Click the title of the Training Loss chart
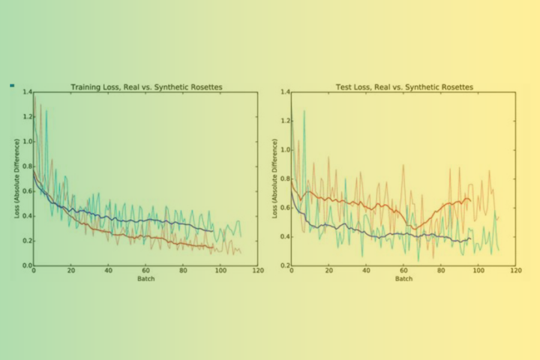pos(146,87)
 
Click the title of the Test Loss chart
pos(404,87)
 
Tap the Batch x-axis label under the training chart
pos(145,279)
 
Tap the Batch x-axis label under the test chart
pos(403,279)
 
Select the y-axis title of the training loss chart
pos(17,178)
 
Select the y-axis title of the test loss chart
pos(275,178)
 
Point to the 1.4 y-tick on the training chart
pos(27,92)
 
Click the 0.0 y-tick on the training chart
pos(27,265)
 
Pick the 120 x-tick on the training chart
pos(257,271)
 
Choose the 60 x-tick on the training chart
pos(145,271)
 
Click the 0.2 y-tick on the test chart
pos(285,265)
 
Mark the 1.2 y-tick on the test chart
pos(285,121)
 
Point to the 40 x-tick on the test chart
pos(366,271)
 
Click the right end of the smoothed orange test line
pos(470,200)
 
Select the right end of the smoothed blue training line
pos(213,231)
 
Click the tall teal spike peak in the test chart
pos(304,111)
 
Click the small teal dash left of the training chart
pos(12,86)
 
